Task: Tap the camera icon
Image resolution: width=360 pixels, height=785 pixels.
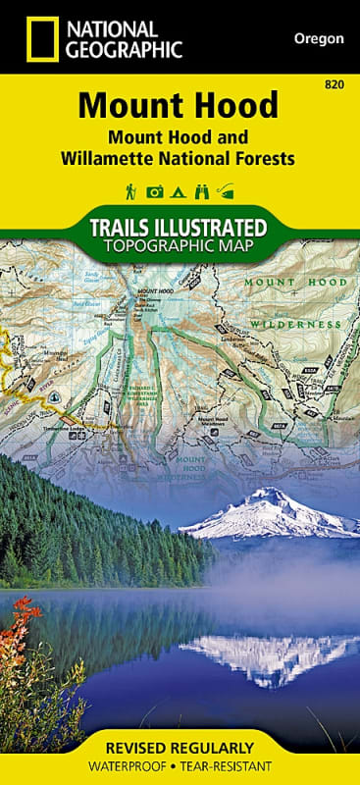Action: (155, 191)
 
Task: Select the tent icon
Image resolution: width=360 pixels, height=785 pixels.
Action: (179, 191)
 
